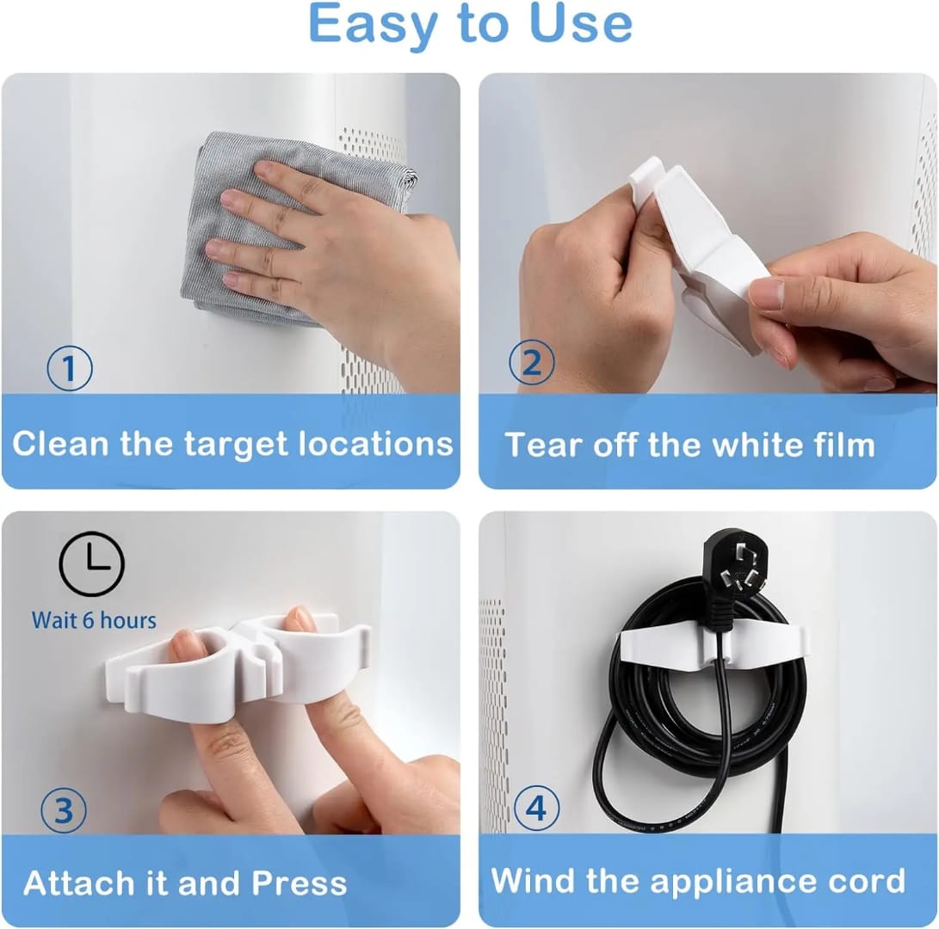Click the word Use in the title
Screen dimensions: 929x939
pos(581,24)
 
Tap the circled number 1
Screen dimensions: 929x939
pos(69,367)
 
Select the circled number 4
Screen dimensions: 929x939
pos(536,809)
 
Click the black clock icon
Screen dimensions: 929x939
pos(91,564)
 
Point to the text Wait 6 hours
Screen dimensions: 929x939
pos(94,619)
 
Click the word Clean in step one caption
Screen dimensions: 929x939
pos(61,444)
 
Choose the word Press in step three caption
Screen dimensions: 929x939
pos(299,883)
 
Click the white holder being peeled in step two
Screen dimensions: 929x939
pos(706,249)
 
